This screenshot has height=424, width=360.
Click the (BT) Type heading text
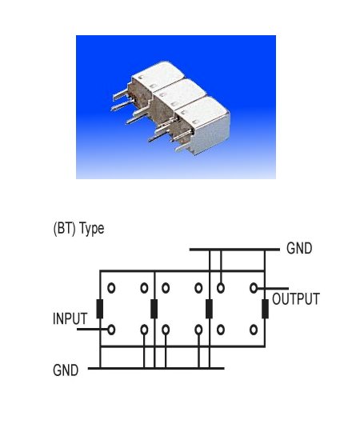(x=78, y=229)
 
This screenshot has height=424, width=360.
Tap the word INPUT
(x=70, y=318)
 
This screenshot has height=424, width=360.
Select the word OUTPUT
(x=296, y=299)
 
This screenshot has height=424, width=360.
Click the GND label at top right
(x=299, y=248)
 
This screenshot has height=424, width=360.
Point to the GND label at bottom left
(x=66, y=370)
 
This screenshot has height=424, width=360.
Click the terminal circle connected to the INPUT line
(x=111, y=330)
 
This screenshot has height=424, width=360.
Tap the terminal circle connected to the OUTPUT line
(x=254, y=288)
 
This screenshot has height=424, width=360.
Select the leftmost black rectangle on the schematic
(x=100, y=309)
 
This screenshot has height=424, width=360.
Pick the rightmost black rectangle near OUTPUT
(x=265, y=309)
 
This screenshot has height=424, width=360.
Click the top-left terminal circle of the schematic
(x=111, y=288)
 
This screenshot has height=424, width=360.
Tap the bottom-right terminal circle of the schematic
(x=254, y=330)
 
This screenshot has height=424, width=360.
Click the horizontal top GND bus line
(x=234, y=250)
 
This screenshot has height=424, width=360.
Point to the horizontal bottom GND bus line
(x=156, y=368)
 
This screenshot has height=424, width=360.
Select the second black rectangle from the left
(x=154, y=309)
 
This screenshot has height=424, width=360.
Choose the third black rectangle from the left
(x=209, y=309)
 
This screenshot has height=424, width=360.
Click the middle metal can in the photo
(x=179, y=94)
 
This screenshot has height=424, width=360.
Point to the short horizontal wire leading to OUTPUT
(x=273, y=289)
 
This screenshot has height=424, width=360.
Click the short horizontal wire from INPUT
(x=93, y=329)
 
